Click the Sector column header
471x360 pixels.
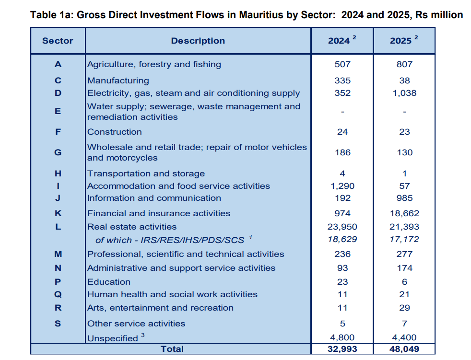pyautogui.click(x=58, y=41)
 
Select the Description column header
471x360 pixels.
pyautogui.click(x=198, y=41)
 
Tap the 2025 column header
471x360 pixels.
pyautogui.click(x=404, y=40)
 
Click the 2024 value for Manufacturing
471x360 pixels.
pyautogui.click(x=342, y=81)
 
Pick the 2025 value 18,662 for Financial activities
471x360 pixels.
pyautogui.click(x=404, y=213)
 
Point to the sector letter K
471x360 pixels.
pyautogui.click(x=58, y=213)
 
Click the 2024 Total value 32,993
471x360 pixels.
pyautogui.click(x=342, y=349)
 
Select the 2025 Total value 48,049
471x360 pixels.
pyautogui.click(x=404, y=349)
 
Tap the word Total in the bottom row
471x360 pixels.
pyautogui.click(x=172, y=349)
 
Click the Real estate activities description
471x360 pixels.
pyautogui.click(x=132, y=227)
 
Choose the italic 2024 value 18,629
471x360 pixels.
pyautogui.click(x=342, y=239)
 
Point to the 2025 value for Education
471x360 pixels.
pyautogui.click(x=405, y=282)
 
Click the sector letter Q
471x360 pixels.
pyautogui.click(x=58, y=294)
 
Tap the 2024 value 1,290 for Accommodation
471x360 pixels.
pyautogui.click(x=342, y=186)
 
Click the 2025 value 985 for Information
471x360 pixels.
pyautogui.click(x=404, y=198)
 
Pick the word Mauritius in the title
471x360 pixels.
pyautogui.click(x=261, y=15)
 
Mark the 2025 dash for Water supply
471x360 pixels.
pyautogui.click(x=405, y=112)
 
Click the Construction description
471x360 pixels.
pyautogui.click(x=115, y=132)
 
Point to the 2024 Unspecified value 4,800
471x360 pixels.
pyautogui.click(x=342, y=337)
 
